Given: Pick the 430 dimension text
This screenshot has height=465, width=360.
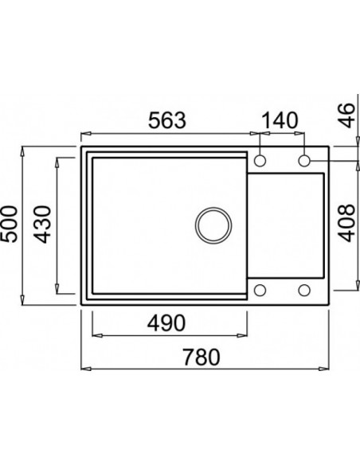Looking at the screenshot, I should (x=45, y=224).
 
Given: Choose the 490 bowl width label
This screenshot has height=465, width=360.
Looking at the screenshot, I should (x=167, y=324).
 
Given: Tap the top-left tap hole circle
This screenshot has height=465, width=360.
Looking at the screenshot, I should (x=260, y=162).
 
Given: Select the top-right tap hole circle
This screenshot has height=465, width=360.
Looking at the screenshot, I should (x=304, y=162).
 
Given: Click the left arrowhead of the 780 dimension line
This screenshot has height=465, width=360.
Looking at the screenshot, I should (x=84, y=369).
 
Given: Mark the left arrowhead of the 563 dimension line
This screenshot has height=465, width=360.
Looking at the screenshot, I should (x=84, y=133).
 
